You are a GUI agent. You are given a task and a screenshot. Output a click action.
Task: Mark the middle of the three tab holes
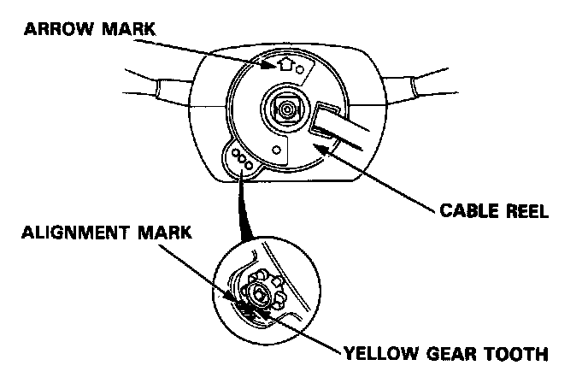(242, 159)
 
